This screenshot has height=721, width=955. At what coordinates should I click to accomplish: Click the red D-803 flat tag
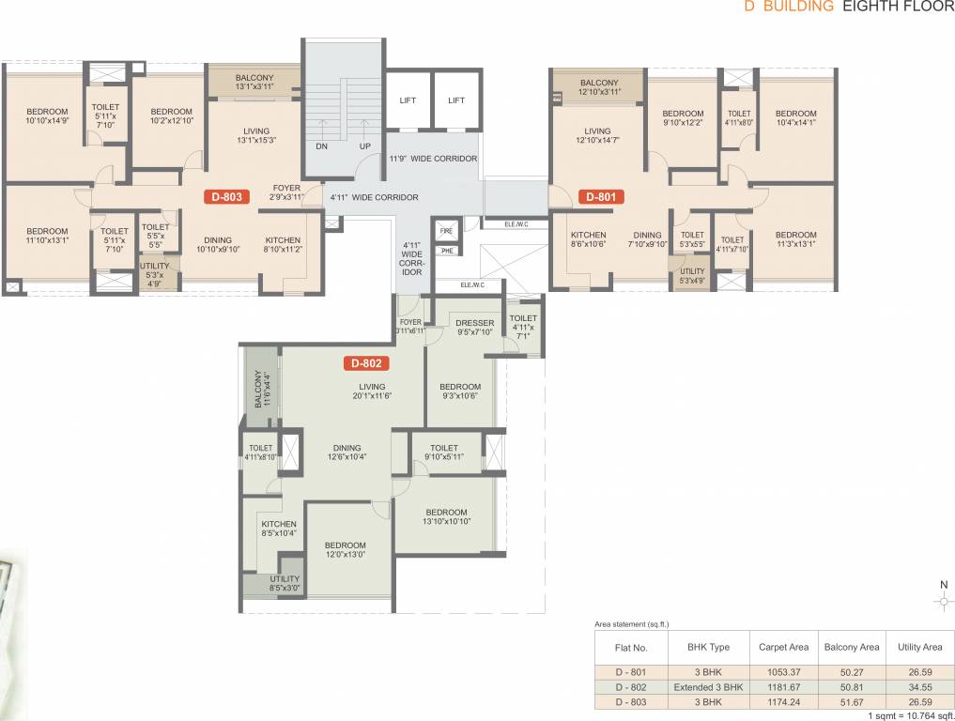[x=226, y=197]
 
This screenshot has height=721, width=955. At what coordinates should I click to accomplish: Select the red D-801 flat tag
[x=601, y=197]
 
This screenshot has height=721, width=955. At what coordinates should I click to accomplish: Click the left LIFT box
[x=408, y=100]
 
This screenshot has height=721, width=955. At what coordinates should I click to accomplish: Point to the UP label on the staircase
[x=364, y=146]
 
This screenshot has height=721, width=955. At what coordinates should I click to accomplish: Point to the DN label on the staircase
[x=321, y=146]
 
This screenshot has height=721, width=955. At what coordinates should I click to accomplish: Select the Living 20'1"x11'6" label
[x=372, y=391]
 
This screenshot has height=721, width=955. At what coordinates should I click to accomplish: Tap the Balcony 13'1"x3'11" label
[x=254, y=82]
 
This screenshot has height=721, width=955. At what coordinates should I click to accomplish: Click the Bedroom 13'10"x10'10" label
[x=445, y=517]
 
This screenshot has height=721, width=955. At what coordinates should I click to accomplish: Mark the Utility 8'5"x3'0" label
[x=285, y=584]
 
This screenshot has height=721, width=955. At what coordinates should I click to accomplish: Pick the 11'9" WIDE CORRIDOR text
[x=433, y=159]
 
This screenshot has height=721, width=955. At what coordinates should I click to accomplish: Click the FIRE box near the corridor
[x=447, y=229]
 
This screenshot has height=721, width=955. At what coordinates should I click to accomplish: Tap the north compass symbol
[x=943, y=602]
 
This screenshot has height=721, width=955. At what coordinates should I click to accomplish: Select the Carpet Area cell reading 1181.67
[x=784, y=687]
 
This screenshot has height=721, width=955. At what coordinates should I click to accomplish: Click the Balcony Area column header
[x=851, y=647]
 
